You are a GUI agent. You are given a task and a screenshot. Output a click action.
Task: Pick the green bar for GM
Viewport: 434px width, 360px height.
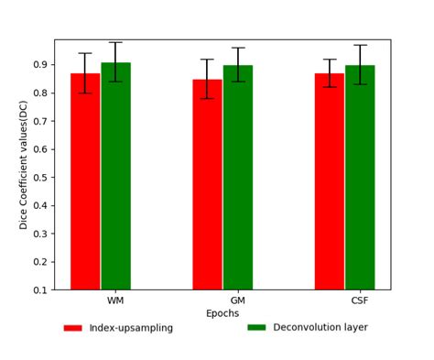point(237,178)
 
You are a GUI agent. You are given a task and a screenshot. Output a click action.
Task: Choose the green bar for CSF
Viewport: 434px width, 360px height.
point(360,178)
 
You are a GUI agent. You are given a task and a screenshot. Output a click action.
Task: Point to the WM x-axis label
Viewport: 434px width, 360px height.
point(115,300)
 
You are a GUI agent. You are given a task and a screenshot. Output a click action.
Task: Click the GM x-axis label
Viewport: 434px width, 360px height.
point(237,300)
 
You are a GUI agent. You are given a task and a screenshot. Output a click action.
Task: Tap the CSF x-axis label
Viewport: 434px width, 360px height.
point(360,300)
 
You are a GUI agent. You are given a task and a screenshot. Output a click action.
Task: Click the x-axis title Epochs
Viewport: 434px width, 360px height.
point(222,313)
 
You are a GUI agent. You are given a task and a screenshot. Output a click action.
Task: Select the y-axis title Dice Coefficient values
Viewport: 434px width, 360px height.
point(25,165)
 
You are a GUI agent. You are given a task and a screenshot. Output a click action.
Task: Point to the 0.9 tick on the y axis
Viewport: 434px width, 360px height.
point(40,65)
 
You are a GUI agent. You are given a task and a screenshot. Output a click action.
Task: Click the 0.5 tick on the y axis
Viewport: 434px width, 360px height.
point(40,178)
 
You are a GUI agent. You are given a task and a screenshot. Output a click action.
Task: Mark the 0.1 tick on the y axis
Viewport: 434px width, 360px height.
point(40,290)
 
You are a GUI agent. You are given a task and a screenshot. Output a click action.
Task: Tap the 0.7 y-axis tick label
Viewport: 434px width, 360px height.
point(40,121)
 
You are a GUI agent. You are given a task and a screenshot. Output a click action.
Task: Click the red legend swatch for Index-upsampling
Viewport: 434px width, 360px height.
point(72,328)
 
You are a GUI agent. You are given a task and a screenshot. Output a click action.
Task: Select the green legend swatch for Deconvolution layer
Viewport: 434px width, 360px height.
point(256,327)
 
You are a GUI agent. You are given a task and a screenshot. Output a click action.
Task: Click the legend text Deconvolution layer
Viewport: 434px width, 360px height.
point(320,327)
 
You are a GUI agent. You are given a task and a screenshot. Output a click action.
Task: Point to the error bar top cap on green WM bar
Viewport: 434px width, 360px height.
point(115,42)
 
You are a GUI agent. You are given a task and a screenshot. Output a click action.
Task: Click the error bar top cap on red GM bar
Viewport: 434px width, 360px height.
point(207,60)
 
